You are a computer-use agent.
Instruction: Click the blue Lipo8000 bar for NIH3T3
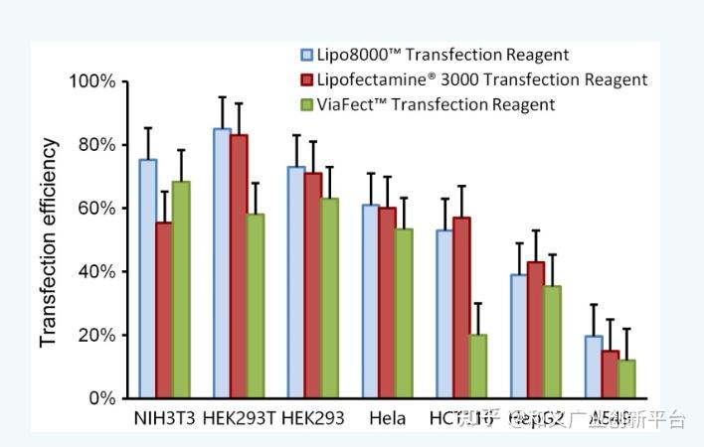147,278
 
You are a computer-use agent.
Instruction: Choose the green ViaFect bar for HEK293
329,298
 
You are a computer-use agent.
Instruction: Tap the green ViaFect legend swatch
309,104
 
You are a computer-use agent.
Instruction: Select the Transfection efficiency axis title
48,242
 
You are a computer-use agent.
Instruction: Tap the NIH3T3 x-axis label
164,419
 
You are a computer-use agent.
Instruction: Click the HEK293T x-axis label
239,419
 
